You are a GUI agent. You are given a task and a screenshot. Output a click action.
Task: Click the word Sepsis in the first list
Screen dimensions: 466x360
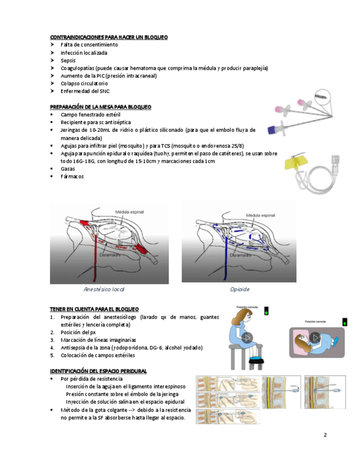(x=68, y=60)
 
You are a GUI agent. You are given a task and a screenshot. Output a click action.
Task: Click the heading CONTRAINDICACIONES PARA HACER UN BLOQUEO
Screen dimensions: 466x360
(x=109, y=37)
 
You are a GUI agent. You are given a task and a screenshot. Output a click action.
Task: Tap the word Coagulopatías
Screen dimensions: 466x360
(x=77, y=68)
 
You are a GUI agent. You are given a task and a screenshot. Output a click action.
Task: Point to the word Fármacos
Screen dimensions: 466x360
(x=73, y=176)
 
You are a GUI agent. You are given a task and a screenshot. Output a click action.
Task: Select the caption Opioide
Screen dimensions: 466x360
(x=240, y=289)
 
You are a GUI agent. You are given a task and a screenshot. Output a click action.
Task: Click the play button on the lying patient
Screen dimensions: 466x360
(x=315, y=337)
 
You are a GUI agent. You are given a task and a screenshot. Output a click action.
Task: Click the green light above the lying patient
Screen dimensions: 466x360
(x=345, y=321)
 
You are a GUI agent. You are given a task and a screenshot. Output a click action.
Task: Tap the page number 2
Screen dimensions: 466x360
(x=325, y=435)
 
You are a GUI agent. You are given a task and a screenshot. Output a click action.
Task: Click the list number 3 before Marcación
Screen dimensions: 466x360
(x=52, y=340)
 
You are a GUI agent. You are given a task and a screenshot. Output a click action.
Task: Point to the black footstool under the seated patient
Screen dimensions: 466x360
(x=254, y=360)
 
